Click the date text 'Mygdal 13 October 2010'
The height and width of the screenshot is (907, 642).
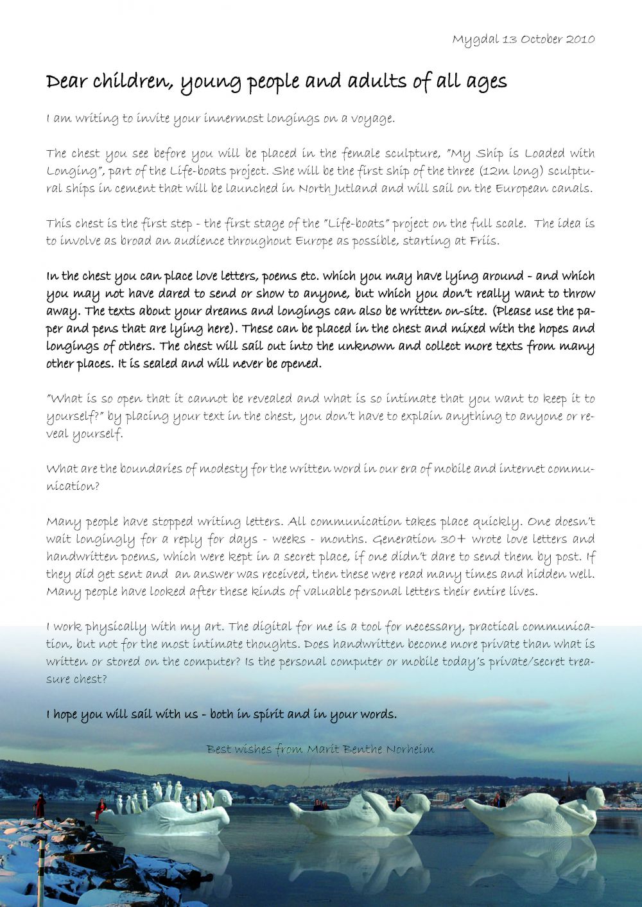click(523, 39)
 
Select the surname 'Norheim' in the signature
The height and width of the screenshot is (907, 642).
click(410, 749)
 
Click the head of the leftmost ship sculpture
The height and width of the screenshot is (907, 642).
click(222, 799)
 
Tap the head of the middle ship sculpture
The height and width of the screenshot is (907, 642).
click(417, 802)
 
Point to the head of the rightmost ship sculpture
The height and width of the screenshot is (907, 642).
click(595, 798)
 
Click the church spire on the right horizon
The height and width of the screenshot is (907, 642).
click(568, 780)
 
